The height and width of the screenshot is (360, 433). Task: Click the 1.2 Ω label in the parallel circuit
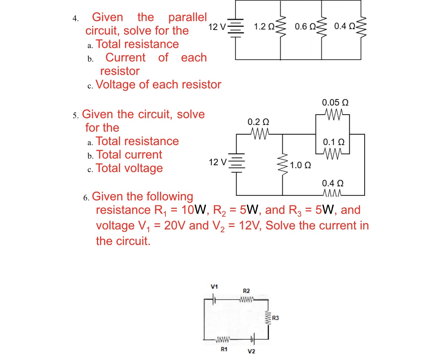[x=264, y=27]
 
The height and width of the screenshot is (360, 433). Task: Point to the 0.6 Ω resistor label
[x=305, y=27]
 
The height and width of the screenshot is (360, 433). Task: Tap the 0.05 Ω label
[x=335, y=103]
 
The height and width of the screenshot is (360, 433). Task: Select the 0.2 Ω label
[x=258, y=122]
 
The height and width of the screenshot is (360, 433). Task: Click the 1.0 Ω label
[x=300, y=165]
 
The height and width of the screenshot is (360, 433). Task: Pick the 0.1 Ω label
[x=334, y=142]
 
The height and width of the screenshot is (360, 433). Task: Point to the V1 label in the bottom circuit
[x=214, y=287]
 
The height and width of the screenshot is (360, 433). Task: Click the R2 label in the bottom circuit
[x=246, y=291]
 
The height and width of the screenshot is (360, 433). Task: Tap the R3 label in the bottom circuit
[x=275, y=318]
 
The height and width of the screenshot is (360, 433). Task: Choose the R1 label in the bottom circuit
[x=224, y=349]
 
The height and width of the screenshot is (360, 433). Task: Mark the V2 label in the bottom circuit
[x=251, y=351]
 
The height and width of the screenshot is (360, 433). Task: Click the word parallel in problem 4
[x=187, y=17]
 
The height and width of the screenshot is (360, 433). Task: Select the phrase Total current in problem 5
[x=129, y=155]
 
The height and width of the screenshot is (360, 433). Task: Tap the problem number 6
[x=86, y=198]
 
